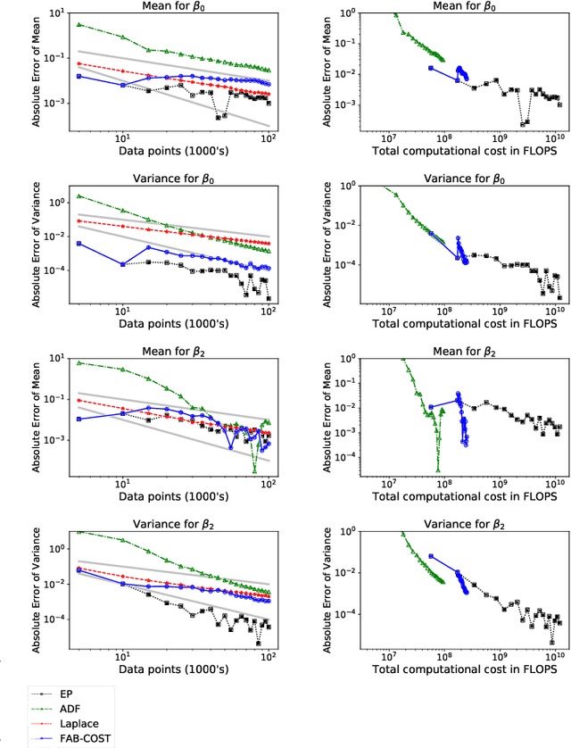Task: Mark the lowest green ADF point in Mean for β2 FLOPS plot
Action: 438,470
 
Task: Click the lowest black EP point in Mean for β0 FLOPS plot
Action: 525,124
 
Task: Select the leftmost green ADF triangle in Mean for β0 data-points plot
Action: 79,24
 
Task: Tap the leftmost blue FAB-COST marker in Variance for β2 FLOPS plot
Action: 431,556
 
